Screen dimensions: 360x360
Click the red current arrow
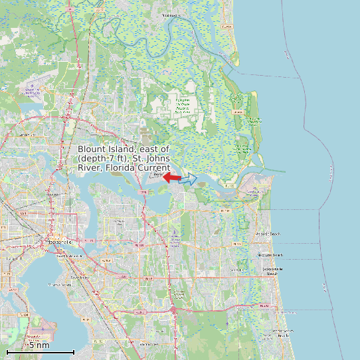point(171,178)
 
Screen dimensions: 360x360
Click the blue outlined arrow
point(189,179)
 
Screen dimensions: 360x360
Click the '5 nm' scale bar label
point(39,345)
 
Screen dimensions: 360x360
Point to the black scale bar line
point(40,351)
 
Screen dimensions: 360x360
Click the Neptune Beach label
point(270,255)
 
